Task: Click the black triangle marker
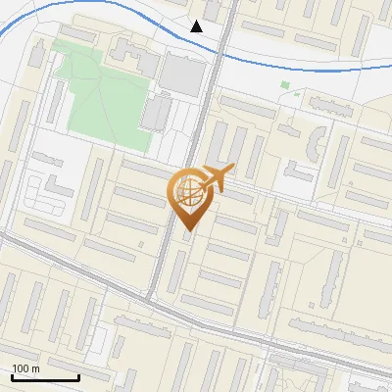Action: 197,26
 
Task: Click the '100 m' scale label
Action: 26,368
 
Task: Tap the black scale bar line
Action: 45,377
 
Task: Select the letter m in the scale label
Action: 35,368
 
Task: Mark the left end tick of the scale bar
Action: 13,375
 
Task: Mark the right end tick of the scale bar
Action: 78,375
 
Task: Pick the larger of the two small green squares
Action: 285,85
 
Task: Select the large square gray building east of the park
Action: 177,73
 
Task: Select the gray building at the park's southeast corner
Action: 156,114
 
